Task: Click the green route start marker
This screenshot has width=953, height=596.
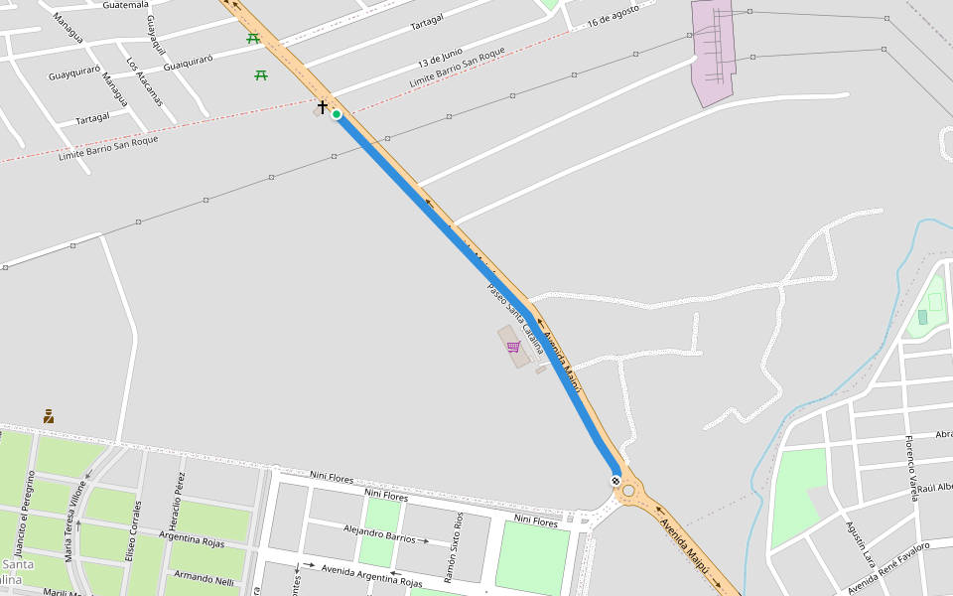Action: pos(338,115)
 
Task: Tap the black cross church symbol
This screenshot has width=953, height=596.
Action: pos(323,105)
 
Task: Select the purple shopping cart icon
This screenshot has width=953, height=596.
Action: pos(513,347)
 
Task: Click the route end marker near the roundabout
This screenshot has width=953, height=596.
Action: pos(616,482)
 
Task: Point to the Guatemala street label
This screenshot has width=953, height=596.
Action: pos(125,5)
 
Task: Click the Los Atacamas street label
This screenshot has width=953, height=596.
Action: pos(144,80)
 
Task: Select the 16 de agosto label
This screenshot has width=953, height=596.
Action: pos(613,17)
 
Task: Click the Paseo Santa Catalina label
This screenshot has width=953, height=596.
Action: pos(515,320)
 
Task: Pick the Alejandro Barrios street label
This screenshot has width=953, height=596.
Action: pos(379,535)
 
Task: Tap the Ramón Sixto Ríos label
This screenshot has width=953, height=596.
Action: pos(452,547)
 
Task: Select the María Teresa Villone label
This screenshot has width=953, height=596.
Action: pos(75,521)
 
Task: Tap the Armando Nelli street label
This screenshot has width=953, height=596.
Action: pos(204,578)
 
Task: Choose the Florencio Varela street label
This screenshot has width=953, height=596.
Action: pos(911,467)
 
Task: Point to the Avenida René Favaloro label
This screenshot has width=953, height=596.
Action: pos(888,563)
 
